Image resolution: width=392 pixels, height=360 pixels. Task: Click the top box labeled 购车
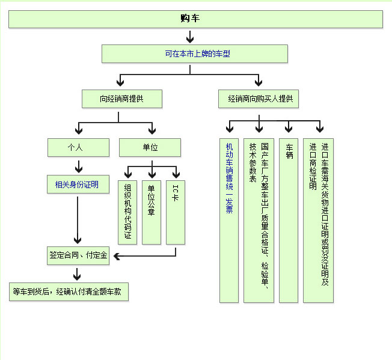[x=195, y=19]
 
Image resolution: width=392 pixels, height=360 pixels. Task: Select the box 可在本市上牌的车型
[x=195, y=53]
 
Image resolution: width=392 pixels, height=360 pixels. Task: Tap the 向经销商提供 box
[x=121, y=99]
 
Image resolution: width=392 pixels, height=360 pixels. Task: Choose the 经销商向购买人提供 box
[x=259, y=99]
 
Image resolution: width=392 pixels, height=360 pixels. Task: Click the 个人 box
[x=78, y=147]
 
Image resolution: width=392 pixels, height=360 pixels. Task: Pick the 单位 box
[x=150, y=147]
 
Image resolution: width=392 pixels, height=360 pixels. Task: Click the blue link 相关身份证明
[x=78, y=184]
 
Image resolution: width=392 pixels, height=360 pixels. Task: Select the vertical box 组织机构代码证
[x=127, y=212]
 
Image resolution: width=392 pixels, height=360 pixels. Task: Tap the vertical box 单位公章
[x=152, y=212]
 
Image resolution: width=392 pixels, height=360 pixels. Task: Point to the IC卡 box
[x=175, y=212]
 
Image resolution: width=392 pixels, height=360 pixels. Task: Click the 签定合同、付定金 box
[x=78, y=255]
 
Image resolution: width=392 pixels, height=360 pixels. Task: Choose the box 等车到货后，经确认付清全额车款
[x=69, y=292]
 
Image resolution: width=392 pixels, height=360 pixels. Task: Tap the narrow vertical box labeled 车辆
[x=289, y=220]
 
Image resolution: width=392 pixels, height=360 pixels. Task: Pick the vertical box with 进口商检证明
[x=319, y=220]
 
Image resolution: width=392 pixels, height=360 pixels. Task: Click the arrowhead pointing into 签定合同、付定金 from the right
[x=117, y=257]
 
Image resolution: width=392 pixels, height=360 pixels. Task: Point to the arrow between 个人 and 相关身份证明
[x=78, y=166]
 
